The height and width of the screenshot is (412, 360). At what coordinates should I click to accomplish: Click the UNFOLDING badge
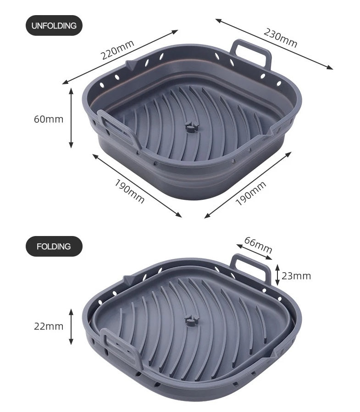pyautogui.click(x=54, y=26)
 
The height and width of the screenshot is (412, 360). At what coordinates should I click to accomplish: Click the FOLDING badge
pyautogui.click(x=54, y=247)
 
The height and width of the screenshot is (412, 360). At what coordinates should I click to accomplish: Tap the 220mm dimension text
pyautogui.click(x=117, y=49)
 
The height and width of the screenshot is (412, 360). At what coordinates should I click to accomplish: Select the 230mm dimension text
pyautogui.click(x=281, y=38)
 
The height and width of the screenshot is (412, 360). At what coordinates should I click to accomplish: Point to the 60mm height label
pyautogui.click(x=49, y=119)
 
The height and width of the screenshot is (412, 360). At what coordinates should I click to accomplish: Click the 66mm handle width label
pyautogui.click(x=258, y=245)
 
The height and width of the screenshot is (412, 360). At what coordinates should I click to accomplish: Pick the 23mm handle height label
pyautogui.click(x=296, y=276)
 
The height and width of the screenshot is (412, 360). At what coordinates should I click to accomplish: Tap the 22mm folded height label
pyautogui.click(x=49, y=326)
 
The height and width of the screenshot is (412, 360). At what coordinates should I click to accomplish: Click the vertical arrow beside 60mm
pyautogui.click(x=71, y=118)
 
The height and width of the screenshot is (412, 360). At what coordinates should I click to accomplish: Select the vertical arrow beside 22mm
pyautogui.click(x=71, y=327)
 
